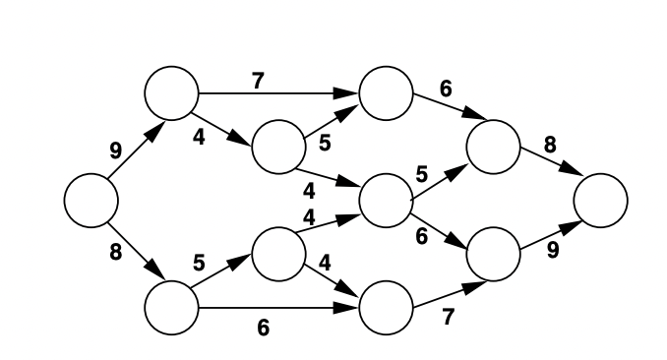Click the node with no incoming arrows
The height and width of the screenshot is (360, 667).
91,200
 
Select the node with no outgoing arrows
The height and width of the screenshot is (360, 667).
600,200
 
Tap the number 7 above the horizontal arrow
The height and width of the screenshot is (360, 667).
258,80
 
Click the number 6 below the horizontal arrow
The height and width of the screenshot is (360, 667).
263,328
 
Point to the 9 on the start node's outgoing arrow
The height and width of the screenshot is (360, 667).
116,150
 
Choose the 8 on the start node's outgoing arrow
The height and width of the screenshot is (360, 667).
115,252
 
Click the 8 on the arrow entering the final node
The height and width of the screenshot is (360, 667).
550,144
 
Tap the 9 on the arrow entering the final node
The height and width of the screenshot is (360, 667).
553,250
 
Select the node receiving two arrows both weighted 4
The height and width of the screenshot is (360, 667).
386,200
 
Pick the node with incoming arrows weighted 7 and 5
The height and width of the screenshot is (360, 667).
386,92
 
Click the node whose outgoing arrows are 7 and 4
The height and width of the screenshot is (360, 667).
171,92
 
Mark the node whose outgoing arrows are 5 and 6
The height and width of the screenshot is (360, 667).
386,200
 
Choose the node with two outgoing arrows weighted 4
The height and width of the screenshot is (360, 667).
278,254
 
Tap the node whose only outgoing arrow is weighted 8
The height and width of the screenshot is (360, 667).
493,147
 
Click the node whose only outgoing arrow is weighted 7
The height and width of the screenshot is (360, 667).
386,307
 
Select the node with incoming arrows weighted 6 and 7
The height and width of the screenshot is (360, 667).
493,254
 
